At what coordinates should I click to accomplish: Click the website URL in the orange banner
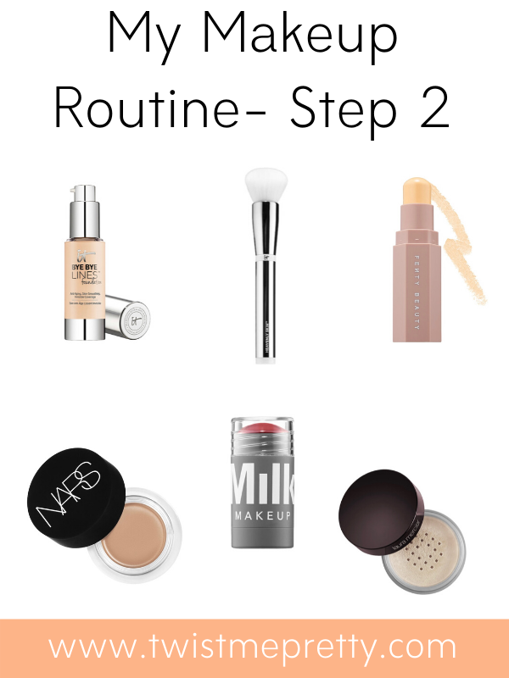coord(254,647)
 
